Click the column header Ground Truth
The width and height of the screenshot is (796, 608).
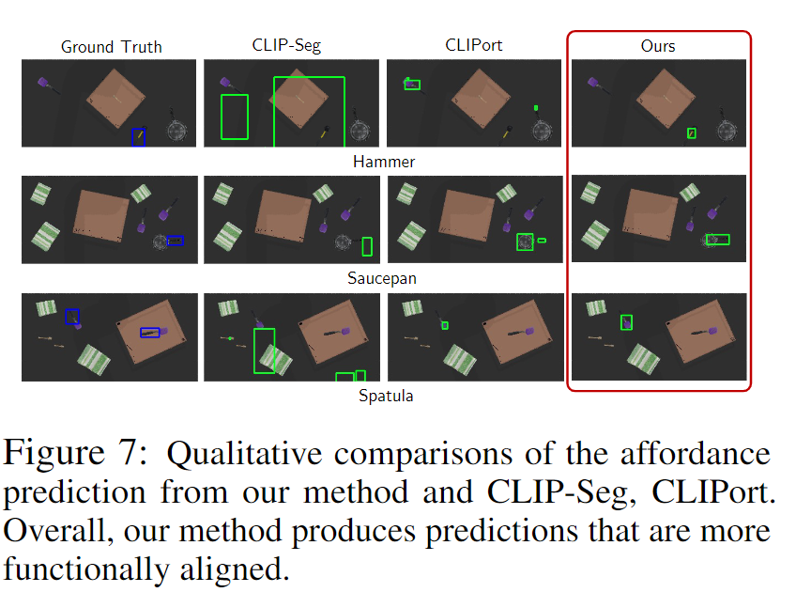click(x=111, y=46)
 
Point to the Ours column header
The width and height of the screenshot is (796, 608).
click(x=657, y=45)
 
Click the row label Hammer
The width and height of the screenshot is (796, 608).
click(x=384, y=162)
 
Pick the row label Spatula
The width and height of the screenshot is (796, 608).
click(x=386, y=396)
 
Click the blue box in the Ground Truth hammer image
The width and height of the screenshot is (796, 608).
click(x=138, y=137)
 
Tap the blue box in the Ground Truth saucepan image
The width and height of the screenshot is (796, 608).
click(x=175, y=241)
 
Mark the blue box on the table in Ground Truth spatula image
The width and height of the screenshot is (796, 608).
click(x=150, y=332)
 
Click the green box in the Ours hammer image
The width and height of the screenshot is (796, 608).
click(x=691, y=133)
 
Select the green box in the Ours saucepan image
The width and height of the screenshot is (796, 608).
click(x=718, y=240)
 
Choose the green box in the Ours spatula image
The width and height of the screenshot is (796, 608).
click(x=626, y=322)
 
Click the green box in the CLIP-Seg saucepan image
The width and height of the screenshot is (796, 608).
click(x=367, y=246)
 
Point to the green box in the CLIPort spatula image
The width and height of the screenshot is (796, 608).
click(x=445, y=325)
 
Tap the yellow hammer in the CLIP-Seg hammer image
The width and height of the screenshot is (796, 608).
click(x=324, y=133)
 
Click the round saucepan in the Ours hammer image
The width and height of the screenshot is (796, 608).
click(x=724, y=131)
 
